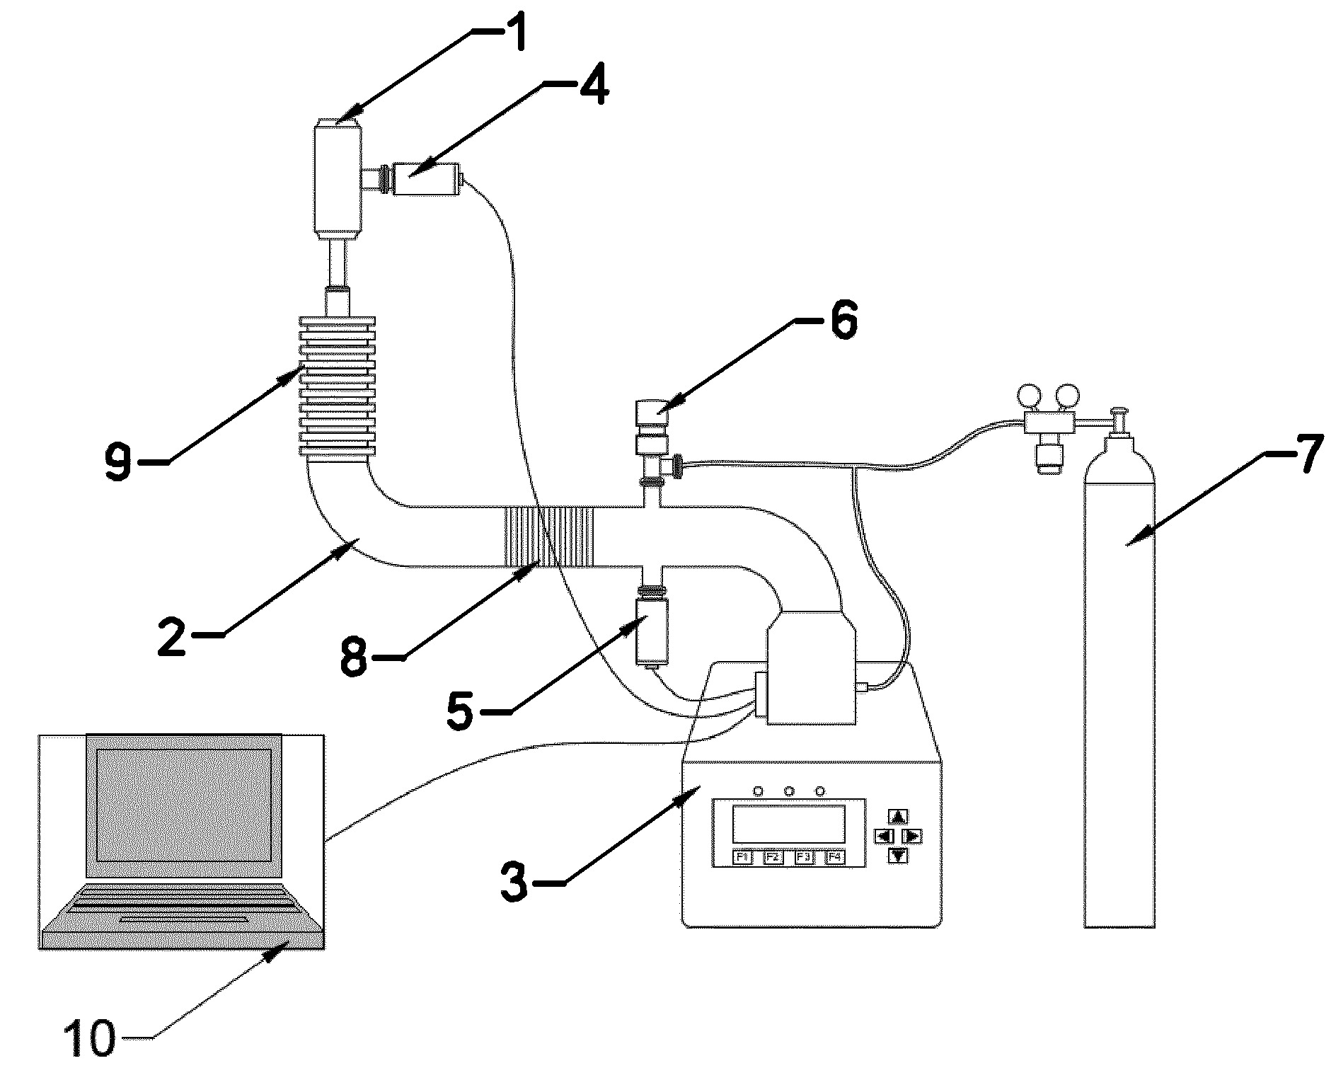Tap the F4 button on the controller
tap(835, 857)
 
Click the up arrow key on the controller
tap(898, 817)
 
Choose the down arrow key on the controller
tap(898, 855)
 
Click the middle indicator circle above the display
tap(789, 790)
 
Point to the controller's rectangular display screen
tap(788, 823)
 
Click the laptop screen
tap(183, 804)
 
